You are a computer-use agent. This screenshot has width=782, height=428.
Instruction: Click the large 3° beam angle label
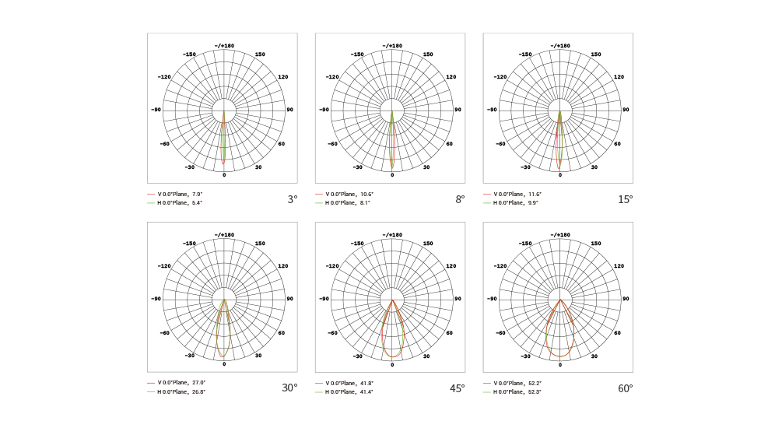[x=292, y=199]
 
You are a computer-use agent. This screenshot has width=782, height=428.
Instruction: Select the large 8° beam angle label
[x=460, y=199]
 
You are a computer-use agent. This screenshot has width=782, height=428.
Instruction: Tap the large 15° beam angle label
[x=626, y=199]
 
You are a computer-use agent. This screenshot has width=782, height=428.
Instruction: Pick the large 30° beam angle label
[x=289, y=388]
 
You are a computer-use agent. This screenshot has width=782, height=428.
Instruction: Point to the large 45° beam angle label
[x=458, y=388]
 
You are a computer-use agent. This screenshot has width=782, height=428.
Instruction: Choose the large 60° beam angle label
[x=626, y=388]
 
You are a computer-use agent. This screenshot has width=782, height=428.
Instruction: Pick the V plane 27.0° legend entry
[x=181, y=383]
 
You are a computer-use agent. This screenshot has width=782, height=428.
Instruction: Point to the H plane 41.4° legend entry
[x=349, y=391]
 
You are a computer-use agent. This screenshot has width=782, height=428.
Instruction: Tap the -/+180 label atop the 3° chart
[x=224, y=46]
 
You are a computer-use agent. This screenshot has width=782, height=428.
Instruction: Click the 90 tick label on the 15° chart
[x=626, y=110]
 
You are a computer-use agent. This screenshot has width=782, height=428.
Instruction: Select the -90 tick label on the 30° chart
[x=156, y=299]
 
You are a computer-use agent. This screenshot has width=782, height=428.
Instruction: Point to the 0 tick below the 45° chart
[x=392, y=364]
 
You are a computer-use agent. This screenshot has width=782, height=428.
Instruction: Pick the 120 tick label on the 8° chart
[x=451, y=77]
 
